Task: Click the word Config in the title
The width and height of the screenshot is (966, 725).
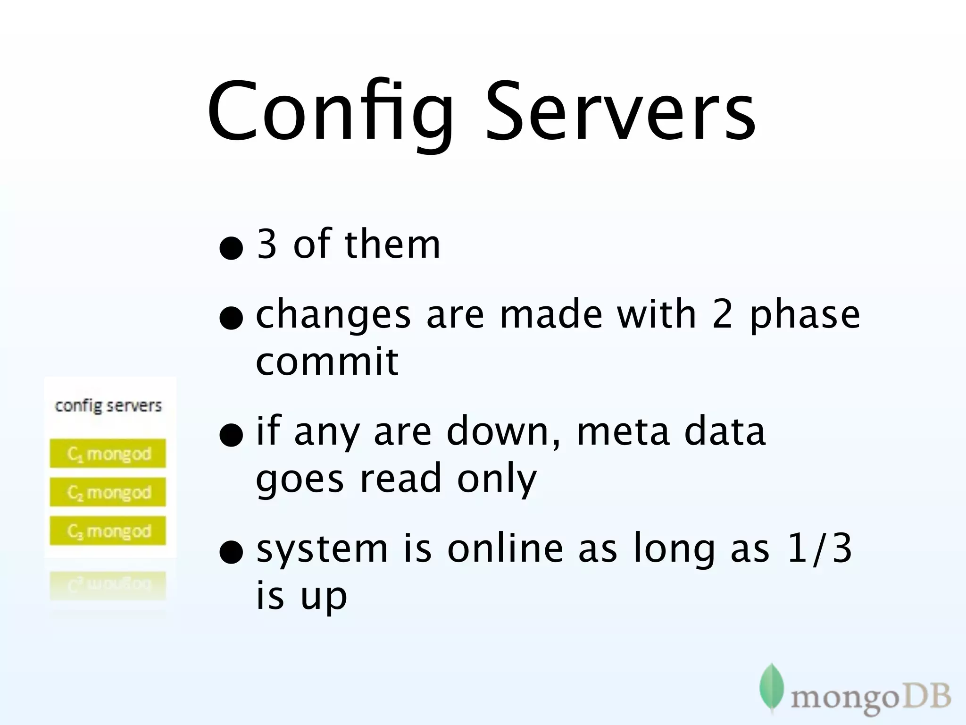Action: point(330,113)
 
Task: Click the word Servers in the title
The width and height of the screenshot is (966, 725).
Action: point(620,113)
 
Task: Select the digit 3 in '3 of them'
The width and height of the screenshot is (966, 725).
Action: point(266,244)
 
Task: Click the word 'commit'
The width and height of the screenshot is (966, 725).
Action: point(327,362)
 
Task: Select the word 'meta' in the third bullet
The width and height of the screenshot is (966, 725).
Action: point(623,432)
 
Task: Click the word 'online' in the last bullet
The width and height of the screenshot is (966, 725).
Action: point(505,548)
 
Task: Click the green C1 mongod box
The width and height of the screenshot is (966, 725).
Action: point(108,454)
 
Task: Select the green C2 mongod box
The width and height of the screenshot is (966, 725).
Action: point(108,492)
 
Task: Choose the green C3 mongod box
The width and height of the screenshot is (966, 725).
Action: point(108,531)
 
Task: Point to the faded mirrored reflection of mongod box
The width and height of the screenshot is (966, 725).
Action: point(108,585)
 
